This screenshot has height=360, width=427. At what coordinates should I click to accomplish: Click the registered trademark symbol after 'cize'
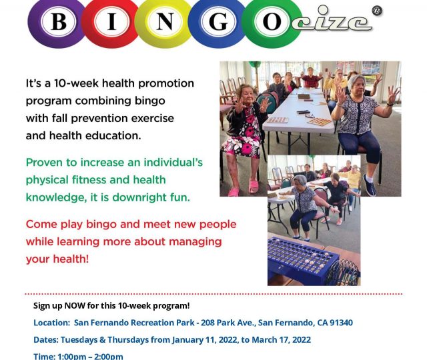(x=377, y=11)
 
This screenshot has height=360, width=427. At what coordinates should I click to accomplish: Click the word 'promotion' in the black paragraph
(x=166, y=83)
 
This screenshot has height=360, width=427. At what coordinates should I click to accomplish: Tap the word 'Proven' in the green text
(x=45, y=163)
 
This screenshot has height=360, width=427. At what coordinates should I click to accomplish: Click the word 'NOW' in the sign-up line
(x=75, y=305)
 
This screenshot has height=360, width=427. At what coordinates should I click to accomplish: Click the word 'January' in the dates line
(x=185, y=340)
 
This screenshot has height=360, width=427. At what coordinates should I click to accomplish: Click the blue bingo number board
(x=302, y=261)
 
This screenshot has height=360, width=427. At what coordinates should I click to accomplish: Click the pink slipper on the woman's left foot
(x=254, y=187)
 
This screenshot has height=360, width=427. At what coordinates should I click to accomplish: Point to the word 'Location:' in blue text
(x=52, y=323)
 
